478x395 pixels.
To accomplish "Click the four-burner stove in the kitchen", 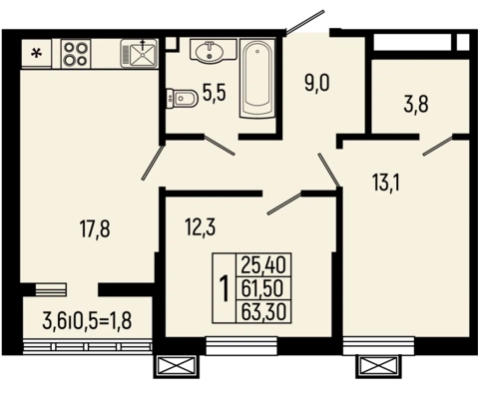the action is pos(76,54).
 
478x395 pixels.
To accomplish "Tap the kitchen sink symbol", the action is pos(139,53).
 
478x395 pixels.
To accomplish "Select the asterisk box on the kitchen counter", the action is pos(37,54).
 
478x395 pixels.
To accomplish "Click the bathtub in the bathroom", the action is pos(257,78).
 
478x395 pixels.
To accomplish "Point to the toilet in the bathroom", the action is pos(182,98).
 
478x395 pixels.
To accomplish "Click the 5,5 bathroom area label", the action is pos(215,93).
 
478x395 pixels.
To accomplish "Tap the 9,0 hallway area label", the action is pos(317,83).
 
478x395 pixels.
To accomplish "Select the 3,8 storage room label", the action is pos(416,105).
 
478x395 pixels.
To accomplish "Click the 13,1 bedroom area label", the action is pos(386,183).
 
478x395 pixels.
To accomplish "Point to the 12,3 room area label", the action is pos(201,228).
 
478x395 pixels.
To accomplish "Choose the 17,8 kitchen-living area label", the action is pos(95,229).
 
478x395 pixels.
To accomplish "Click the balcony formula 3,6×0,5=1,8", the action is pos(87,321).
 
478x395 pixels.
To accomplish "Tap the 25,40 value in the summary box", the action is pos(263,265).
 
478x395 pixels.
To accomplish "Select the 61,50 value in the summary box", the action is pos(262,288).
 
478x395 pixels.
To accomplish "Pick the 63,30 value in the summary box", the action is pos(263,312).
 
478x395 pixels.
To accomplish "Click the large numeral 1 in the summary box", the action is pos(225,288).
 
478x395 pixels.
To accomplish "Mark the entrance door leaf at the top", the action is pos(305,22).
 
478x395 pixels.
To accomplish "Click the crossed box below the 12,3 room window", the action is pos(177,366).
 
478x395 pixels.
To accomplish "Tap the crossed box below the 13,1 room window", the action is pos(378,366).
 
